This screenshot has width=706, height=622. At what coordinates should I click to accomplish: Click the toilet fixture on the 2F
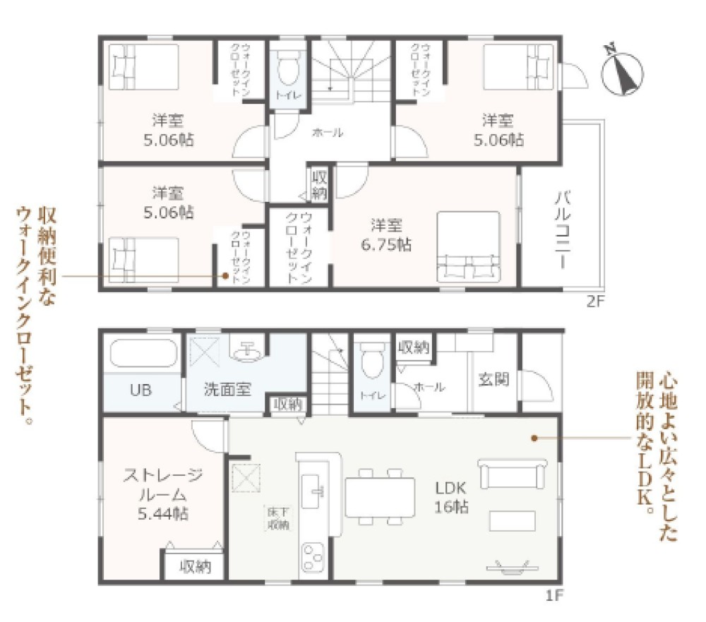pyautogui.click(x=287, y=71)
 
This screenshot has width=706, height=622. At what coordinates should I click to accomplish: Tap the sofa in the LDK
pyautogui.click(x=513, y=474)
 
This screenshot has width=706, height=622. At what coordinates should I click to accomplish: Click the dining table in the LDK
pyautogui.click(x=380, y=497)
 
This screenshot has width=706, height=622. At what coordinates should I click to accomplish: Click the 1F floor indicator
pyautogui.click(x=554, y=595)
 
